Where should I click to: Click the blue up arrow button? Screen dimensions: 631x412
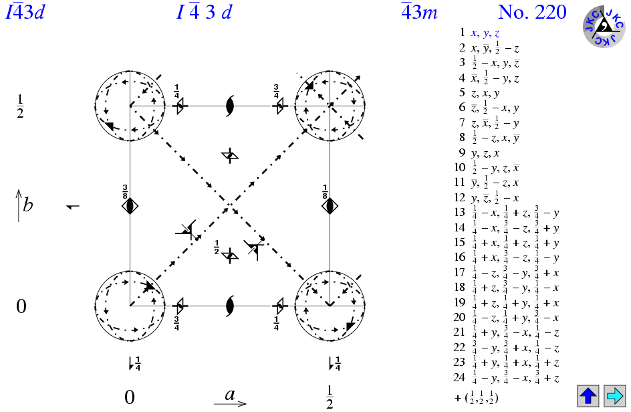pyautogui.click(x=588, y=395)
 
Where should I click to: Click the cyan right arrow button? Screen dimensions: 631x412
pyautogui.click(x=615, y=395)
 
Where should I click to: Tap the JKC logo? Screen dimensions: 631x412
pyautogui.click(x=604, y=27)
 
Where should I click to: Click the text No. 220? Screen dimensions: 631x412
pyautogui.click(x=532, y=12)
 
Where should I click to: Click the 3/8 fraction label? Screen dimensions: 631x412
pyautogui.click(x=125, y=192)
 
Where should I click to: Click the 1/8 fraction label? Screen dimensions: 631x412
pyautogui.click(x=325, y=192)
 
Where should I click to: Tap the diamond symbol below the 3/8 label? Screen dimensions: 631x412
pyautogui.click(x=130, y=206)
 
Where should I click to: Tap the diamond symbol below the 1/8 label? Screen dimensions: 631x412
pyautogui.click(x=330, y=206)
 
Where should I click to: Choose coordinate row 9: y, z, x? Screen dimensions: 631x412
pyautogui.click(x=479, y=153)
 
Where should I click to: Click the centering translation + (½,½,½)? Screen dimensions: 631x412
pyautogui.click(x=476, y=398)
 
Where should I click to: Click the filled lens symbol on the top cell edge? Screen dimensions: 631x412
pyautogui.click(x=230, y=106)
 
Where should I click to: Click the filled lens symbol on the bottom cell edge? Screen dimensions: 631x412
pyautogui.click(x=230, y=306)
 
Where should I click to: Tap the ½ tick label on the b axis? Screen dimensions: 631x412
pyautogui.click(x=20, y=107)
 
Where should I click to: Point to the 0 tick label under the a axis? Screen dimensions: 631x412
pyautogui.click(x=129, y=397)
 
